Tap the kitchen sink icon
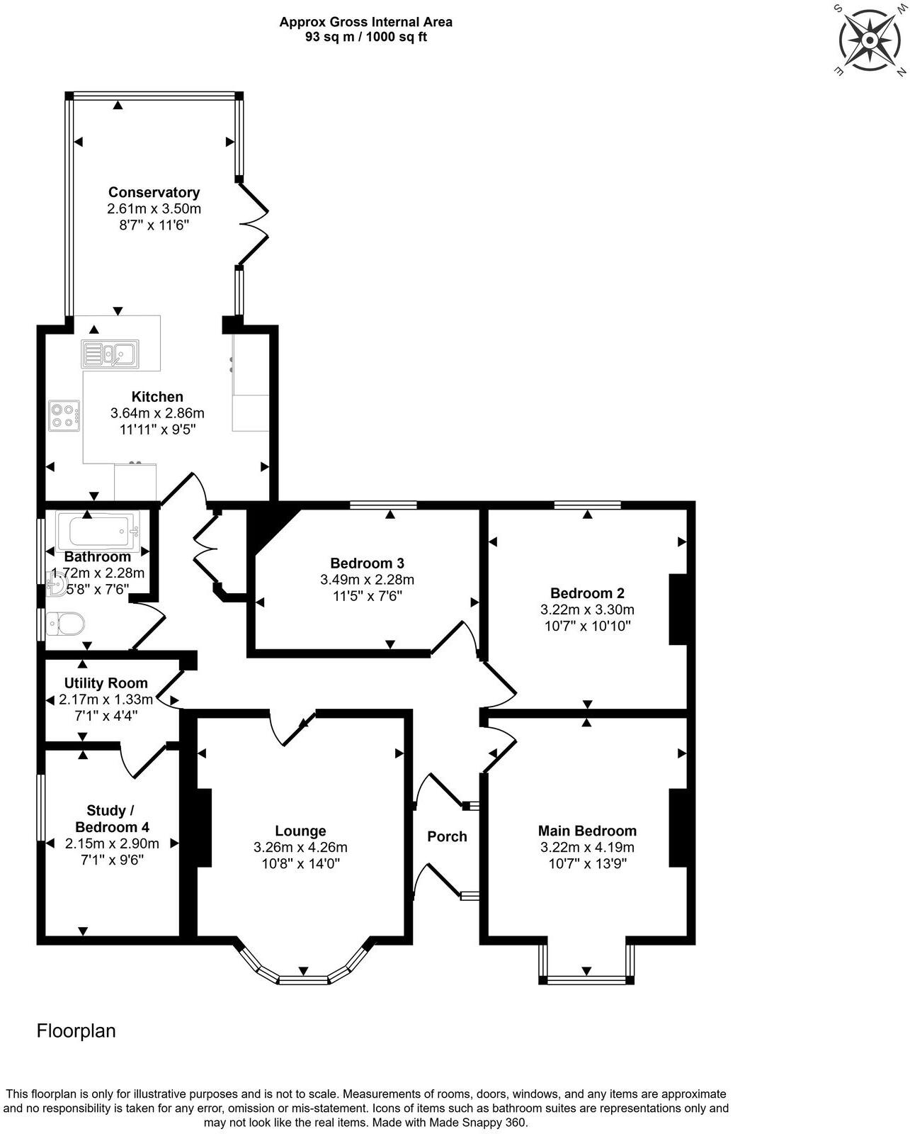tap(110, 353)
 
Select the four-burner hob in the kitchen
tap(64, 415)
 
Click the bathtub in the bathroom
tap(98, 529)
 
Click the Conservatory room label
tap(154, 192)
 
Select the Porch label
tap(447, 836)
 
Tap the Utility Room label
tap(106, 683)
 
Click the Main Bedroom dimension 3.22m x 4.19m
tap(587, 847)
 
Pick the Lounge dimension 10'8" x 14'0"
tap(300, 863)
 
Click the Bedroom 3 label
tap(367, 563)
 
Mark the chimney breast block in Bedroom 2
tap(678, 609)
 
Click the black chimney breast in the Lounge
tap(204, 828)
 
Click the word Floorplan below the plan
tap(76, 1031)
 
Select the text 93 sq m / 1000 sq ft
tap(365, 37)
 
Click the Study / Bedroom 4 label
tap(112, 819)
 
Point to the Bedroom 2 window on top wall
tap(587, 505)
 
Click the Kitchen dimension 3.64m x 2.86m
tap(157, 412)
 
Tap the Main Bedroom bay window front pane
tap(586, 980)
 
